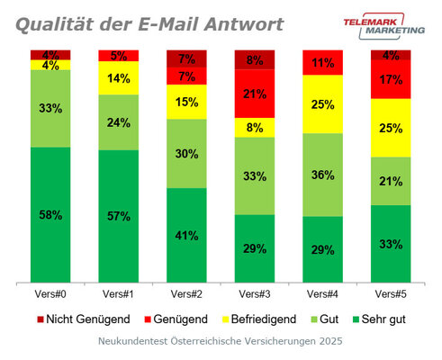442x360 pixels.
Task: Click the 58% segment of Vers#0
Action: point(50,215)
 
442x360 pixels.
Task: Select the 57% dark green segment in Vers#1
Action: point(119,216)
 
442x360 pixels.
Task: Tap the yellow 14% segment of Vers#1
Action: point(119,78)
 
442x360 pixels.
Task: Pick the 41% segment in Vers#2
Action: point(187,235)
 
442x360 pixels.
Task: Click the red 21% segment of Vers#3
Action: point(255,94)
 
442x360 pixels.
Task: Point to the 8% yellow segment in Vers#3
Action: point(255,127)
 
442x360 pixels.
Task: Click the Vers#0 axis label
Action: point(50,294)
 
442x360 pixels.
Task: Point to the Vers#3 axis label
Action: point(255,294)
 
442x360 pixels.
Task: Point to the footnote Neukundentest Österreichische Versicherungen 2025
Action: point(221,343)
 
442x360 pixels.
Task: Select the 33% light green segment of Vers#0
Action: point(50,109)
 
